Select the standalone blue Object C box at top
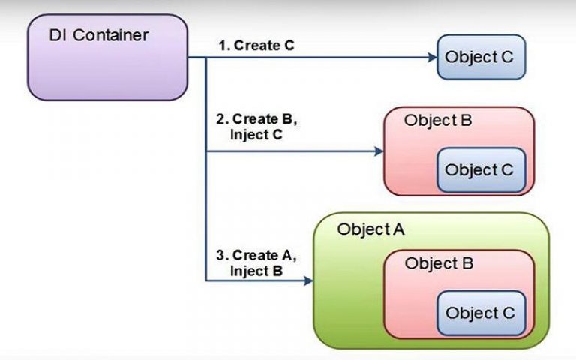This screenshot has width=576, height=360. [x=481, y=57]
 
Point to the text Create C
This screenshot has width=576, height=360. [x=264, y=46]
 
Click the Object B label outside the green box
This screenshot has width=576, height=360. [x=438, y=120]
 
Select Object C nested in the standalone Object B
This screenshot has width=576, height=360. [x=479, y=169]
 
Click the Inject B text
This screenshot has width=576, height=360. [x=256, y=271]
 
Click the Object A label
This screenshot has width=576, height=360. [x=370, y=229]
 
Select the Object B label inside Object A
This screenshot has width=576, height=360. [x=439, y=264]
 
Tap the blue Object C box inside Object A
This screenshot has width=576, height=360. [x=479, y=313]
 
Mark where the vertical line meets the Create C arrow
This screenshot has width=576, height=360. [x=206, y=57]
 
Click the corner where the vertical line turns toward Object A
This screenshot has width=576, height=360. [x=206, y=280]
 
